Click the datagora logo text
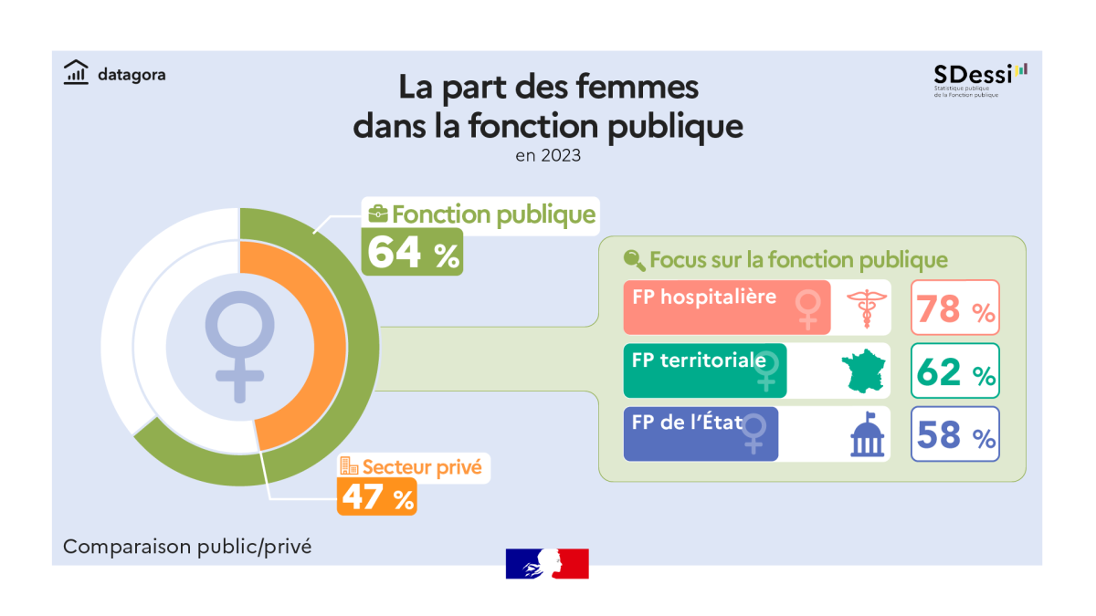(132, 75)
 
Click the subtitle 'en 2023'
(548, 156)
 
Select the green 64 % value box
(412, 252)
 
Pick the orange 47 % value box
(377, 497)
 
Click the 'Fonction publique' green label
(493, 215)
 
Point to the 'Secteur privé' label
(421, 468)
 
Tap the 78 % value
(954, 308)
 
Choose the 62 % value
(954, 371)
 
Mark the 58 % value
(954, 435)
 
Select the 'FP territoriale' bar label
(698, 360)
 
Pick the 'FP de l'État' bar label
(686, 423)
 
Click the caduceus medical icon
(861, 308)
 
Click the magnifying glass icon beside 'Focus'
(634, 260)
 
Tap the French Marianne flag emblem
(547, 563)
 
